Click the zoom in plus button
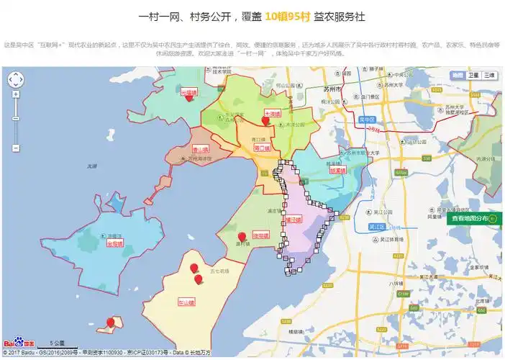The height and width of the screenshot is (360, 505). coord(16,94)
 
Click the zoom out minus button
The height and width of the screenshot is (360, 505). coord(16,148)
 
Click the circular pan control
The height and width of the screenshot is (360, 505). coord(16,79)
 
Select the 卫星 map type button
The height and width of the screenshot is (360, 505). coord(473,75)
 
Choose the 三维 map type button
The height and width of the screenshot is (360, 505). coord(488,75)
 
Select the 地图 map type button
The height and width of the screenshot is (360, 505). coord(458,75)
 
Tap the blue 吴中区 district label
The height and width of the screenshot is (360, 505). coord(368,119)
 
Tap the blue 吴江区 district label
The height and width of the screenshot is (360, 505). coord(376,226)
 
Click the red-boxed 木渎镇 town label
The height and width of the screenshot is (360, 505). coord(271,113)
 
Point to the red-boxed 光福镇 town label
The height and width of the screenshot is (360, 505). coord(188,92)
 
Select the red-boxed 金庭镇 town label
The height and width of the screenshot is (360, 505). coord(114,243)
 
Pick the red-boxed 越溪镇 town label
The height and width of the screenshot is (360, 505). coord(337,171)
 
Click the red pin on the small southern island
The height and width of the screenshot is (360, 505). coord(110,322)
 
